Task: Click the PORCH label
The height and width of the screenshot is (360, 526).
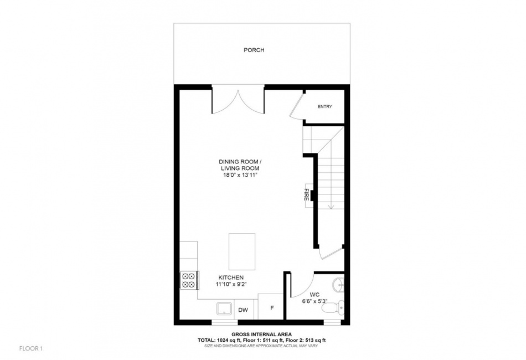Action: [254, 50]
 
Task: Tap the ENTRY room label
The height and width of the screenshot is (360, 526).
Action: [324, 107]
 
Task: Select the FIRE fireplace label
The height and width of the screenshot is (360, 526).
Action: [306, 194]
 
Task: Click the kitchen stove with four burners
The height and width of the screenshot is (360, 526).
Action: [189, 280]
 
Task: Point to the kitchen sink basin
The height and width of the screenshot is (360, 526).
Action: [224, 308]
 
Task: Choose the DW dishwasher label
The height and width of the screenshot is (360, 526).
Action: [243, 310]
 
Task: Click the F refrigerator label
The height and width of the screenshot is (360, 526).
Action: [272, 307]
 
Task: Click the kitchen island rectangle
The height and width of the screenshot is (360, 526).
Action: [242, 251]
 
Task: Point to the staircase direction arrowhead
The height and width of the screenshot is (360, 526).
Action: [331, 207]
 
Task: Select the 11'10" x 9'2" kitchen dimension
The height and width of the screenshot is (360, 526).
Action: [231, 284]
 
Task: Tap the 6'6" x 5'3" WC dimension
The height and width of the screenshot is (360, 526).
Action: [314, 301]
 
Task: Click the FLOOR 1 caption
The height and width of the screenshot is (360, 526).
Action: [31, 348]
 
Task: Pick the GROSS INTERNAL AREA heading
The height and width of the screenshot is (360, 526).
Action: [261, 334]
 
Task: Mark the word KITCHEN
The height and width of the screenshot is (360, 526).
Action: [231, 278]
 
